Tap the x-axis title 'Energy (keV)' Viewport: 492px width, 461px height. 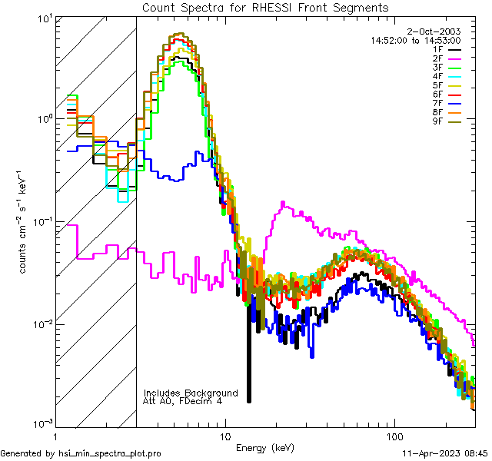tap(265, 447)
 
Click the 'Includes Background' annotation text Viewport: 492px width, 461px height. tap(191, 393)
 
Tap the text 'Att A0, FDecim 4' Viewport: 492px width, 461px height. tap(183, 401)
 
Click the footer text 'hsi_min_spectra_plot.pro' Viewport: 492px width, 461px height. tap(110, 453)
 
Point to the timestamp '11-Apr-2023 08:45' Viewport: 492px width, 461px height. tap(445, 453)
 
